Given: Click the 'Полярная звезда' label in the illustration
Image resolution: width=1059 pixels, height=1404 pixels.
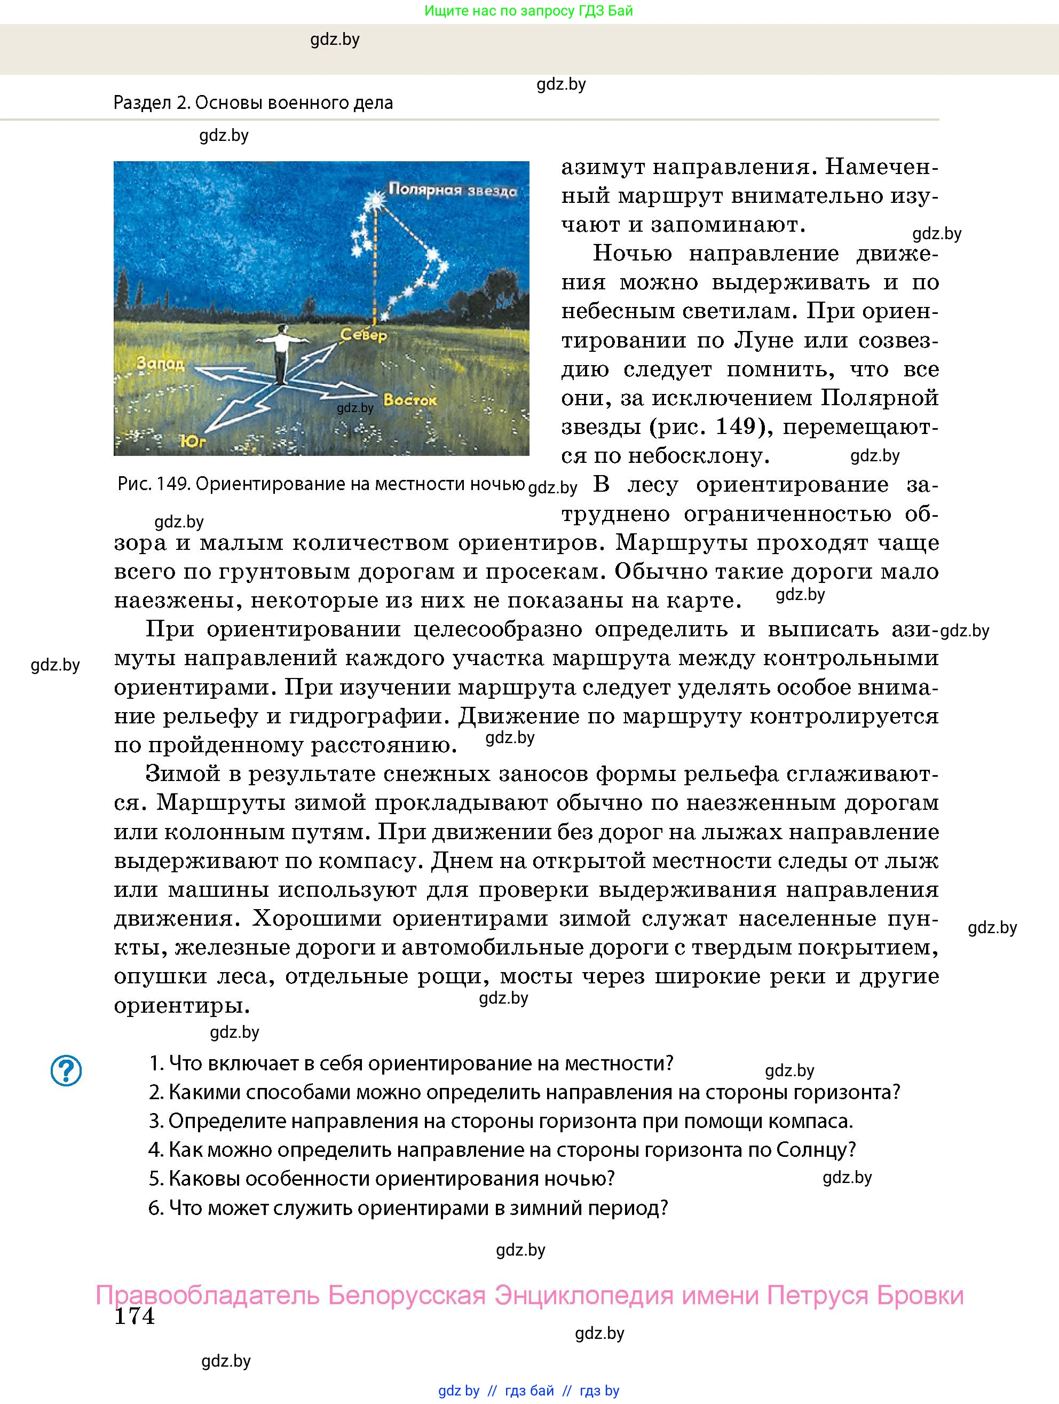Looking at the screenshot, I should pyautogui.click(x=453, y=190).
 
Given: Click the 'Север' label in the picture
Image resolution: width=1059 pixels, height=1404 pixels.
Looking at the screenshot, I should pyautogui.click(x=363, y=335).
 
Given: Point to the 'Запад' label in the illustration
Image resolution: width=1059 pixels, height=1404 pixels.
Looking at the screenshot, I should pyautogui.click(x=161, y=364).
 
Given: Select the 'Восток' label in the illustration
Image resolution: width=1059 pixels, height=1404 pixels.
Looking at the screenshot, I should pyautogui.click(x=410, y=400).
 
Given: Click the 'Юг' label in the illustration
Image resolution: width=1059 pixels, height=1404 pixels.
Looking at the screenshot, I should pyautogui.click(x=193, y=440).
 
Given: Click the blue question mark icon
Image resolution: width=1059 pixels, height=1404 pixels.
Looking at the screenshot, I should pyautogui.click(x=66, y=1071).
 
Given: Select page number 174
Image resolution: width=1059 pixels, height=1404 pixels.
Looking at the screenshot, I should pyautogui.click(x=135, y=1316).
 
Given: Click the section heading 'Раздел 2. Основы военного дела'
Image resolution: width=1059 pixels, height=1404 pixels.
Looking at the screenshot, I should pyautogui.click(x=253, y=103).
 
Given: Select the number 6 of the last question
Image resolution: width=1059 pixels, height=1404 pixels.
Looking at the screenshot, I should pyautogui.click(x=155, y=1207).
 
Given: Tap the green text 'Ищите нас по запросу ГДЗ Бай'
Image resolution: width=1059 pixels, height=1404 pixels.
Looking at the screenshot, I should pyautogui.click(x=528, y=11).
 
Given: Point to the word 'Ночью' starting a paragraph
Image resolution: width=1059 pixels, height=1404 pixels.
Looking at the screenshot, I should pyautogui.click(x=632, y=253).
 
